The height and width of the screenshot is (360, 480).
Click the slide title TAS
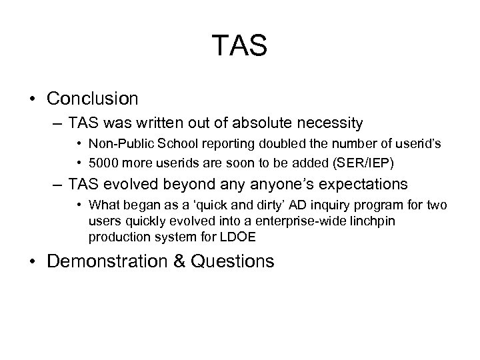240,46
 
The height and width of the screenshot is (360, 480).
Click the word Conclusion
93,99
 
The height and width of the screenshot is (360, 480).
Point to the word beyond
184,183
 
